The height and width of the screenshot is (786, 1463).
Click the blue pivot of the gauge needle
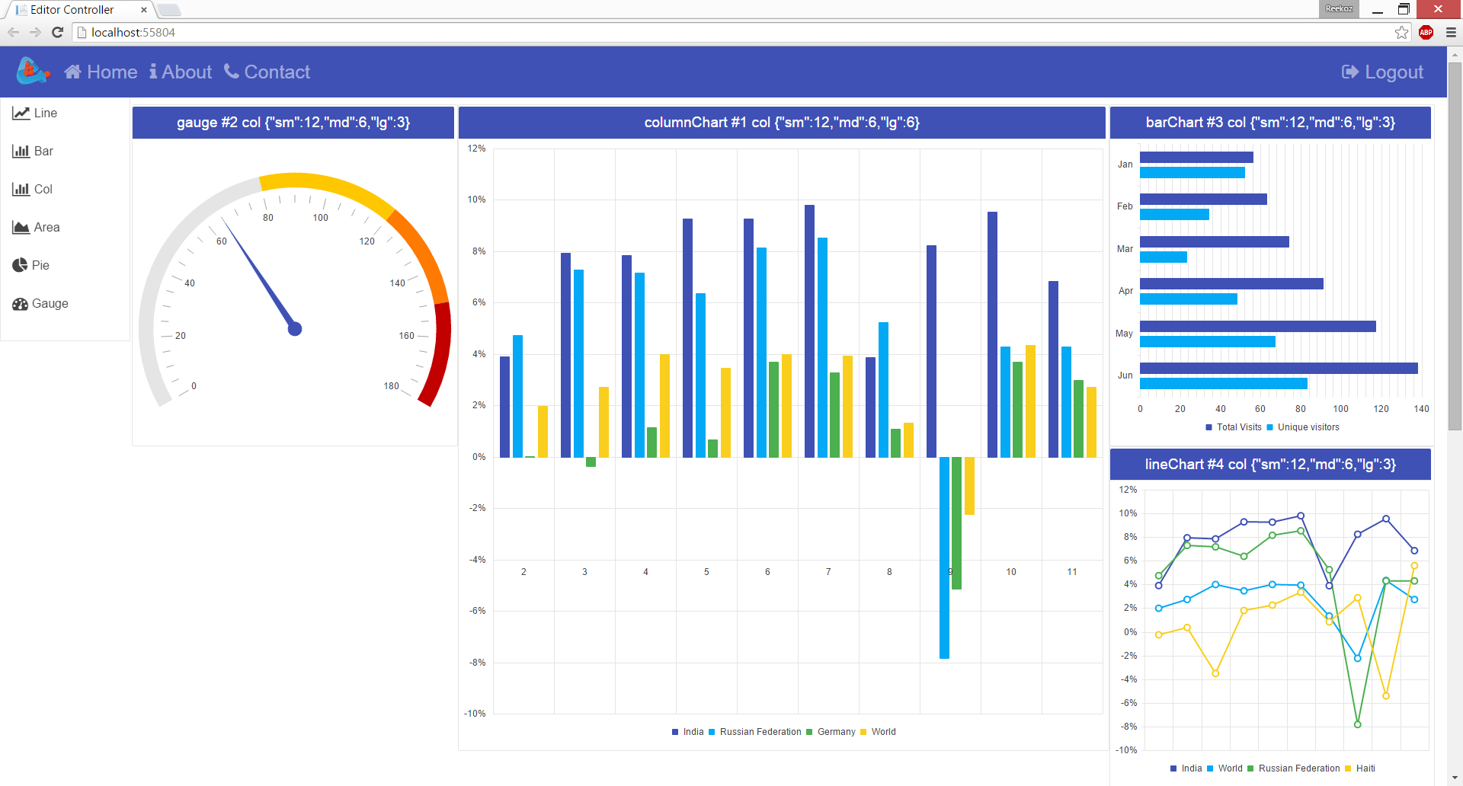point(295,329)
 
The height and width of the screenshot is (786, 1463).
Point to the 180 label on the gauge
point(391,386)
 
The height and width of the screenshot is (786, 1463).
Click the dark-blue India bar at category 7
point(809,331)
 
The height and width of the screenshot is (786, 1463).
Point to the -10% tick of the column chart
point(475,714)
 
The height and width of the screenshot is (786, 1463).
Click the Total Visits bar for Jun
point(1278,369)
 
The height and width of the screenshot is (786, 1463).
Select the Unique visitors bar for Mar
point(1163,257)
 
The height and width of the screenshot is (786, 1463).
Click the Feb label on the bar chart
point(1125,206)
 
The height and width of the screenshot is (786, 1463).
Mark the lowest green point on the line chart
point(1357,724)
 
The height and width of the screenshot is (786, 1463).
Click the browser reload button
point(57,32)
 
